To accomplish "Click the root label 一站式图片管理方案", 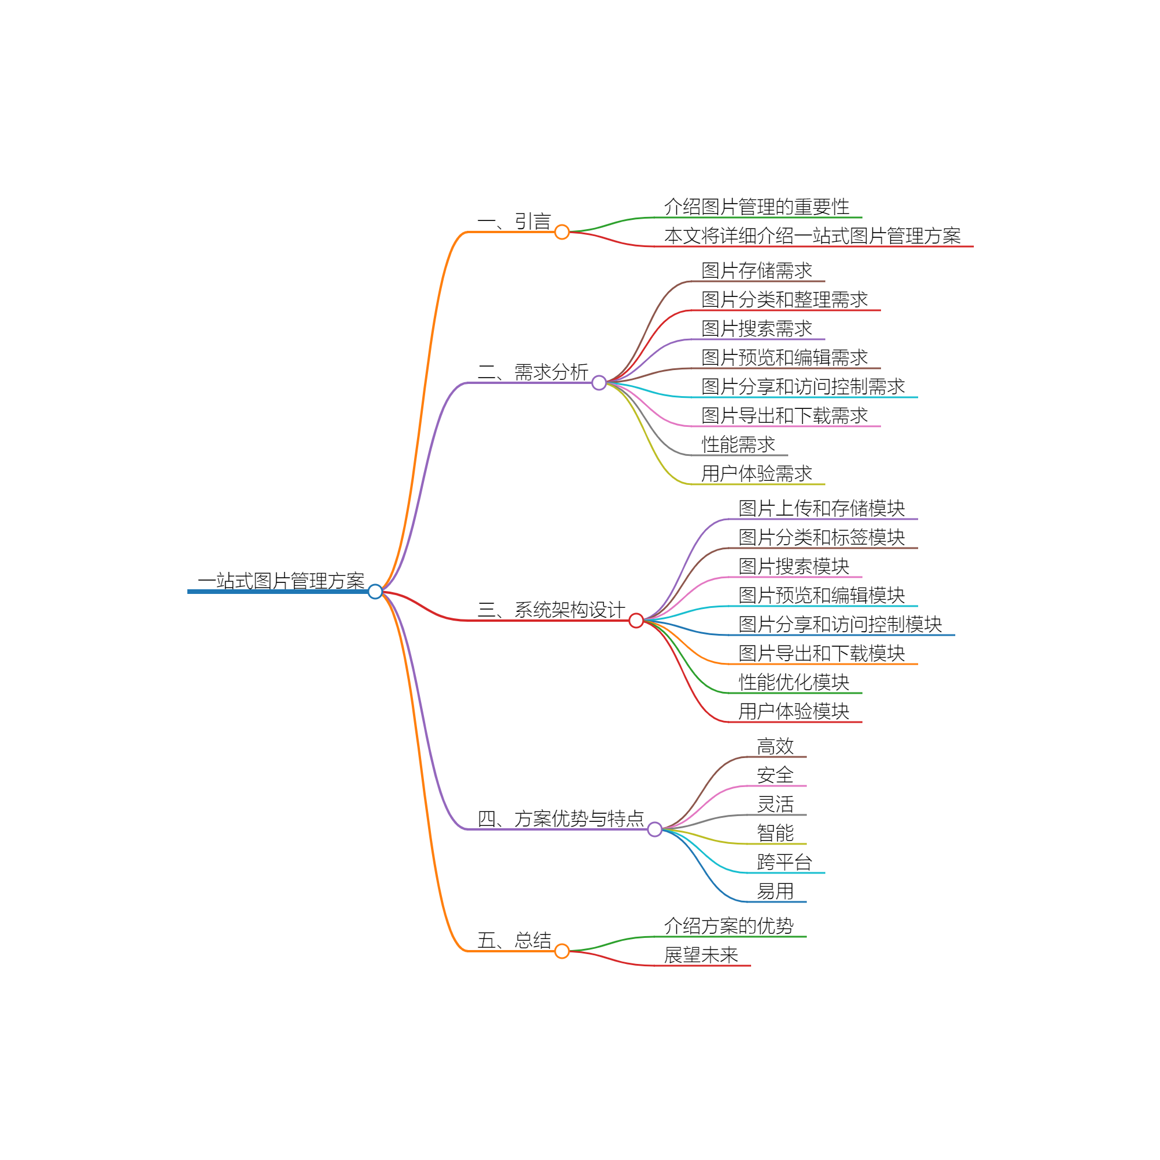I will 281,581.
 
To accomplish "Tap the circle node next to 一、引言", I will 562,232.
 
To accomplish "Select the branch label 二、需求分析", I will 532,372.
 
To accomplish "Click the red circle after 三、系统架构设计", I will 636,620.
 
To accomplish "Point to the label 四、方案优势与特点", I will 560,818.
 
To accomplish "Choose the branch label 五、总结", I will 514,940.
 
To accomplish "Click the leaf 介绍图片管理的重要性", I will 756,206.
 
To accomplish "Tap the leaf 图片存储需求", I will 756,270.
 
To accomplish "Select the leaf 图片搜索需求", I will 756,328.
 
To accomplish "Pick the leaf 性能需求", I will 738,444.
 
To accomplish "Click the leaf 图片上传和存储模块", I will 821,508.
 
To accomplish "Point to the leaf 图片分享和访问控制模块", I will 840,624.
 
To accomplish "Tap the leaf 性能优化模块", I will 794,682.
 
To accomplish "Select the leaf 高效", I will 775,746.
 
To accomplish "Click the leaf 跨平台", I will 784,862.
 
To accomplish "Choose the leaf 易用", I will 775,891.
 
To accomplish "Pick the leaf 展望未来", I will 701,955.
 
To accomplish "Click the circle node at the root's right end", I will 375,592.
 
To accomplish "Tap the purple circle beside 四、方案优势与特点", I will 655,829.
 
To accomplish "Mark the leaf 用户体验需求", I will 756,473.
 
